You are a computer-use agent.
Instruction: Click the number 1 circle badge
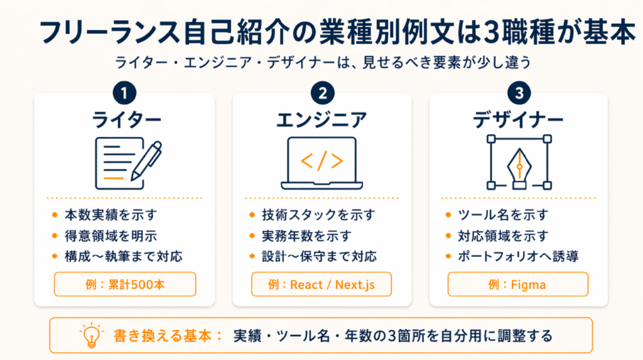[x=125, y=93]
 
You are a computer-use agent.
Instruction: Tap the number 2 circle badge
[x=322, y=93]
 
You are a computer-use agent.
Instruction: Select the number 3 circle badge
[x=519, y=93]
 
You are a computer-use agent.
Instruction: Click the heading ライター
[x=126, y=120]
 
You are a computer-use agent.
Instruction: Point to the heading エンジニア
[x=322, y=120]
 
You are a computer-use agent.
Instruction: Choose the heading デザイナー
[x=518, y=120]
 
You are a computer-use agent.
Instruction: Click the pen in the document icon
[x=146, y=160]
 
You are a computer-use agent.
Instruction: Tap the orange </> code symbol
[x=322, y=160]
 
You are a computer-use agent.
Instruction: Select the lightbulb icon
[x=92, y=335]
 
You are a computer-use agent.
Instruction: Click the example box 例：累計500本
[x=125, y=284]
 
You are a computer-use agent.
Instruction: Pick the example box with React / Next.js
[x=321, y=284]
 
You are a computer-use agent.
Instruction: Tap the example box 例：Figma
[x=518, y=284]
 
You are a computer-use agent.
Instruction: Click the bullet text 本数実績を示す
[x=111, y=215]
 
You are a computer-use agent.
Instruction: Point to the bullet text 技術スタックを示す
[x=318, y=215]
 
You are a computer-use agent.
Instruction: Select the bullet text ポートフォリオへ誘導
[x=518, y=256]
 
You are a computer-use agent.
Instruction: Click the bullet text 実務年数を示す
[x=306, y=236]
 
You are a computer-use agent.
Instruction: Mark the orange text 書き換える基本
[x=162, y=335]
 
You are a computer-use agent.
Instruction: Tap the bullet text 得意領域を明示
[x=111, y=236]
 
